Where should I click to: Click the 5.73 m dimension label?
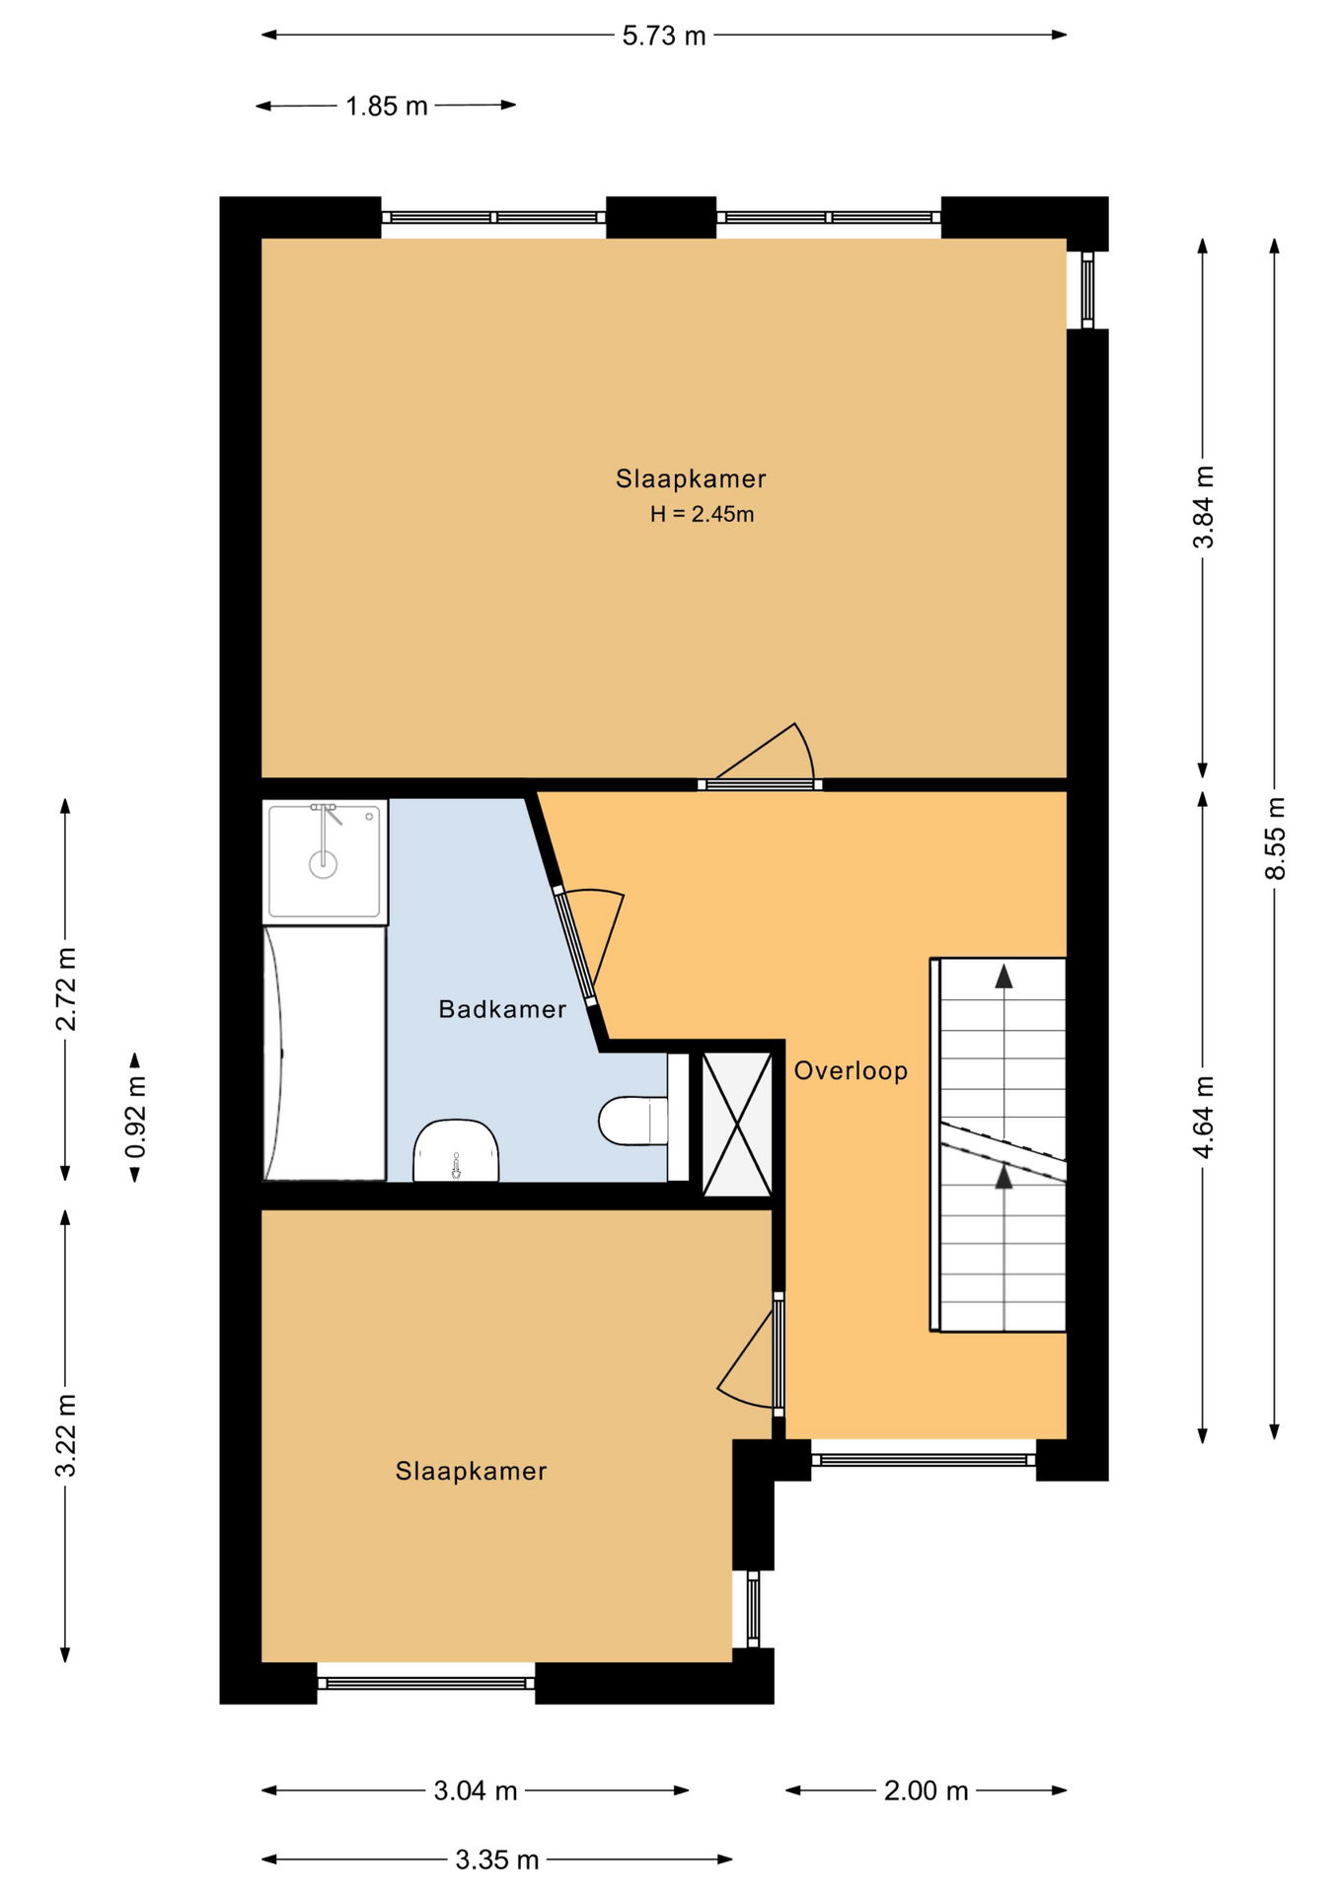click(x=664, y=36)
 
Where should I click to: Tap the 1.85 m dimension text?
click(x=386, y=107)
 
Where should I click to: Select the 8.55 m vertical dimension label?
click(x=1276, y=838)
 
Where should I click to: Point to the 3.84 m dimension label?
click(x=1204, y=507)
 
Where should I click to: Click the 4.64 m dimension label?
click(x=1204, y=1118)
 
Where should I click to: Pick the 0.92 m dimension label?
click(x=136, y=1117)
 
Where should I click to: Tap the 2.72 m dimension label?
click(x=66, y=989)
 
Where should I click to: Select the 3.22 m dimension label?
click(x=66, y=1436)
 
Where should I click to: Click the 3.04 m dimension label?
click(x=476, y=1791)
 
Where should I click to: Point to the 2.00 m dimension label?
click(x=926, y=1791)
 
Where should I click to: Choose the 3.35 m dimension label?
click(x=497, y=1860)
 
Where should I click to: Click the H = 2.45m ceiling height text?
click(x=702, y=514)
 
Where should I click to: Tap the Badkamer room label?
click(x=502, y=1009)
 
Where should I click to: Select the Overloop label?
click(x=851, y=1070)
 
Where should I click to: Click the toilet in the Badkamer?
click(x=633, y=1121)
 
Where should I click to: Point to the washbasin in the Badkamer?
click(x=456, y=1150)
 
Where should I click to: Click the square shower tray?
click(x=326, y=862)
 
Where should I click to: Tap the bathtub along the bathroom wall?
click(x=325, y=1054)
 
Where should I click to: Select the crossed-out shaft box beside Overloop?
click(x=737, y=1125)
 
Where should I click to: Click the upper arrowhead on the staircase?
click(x=1004, y=977)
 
